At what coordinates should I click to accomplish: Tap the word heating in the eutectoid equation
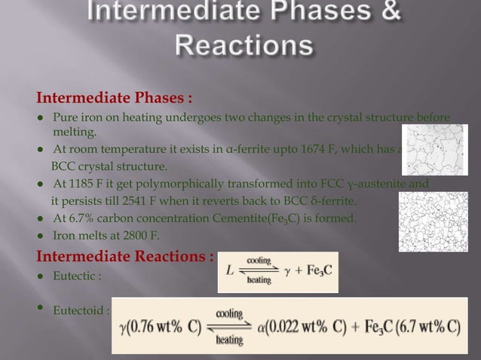click(230, 340)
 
